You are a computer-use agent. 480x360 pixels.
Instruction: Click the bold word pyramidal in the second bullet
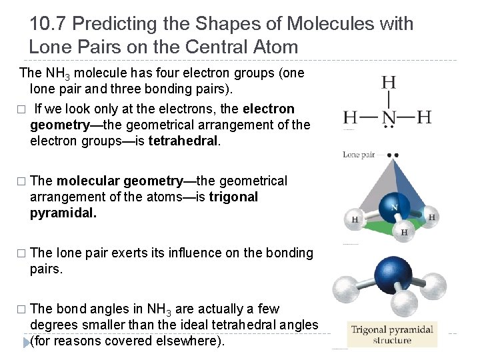click(x=63, y=213)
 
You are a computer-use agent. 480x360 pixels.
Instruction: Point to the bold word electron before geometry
click(x=269, y=109)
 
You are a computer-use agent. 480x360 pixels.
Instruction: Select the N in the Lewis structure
click(x=388, y=118)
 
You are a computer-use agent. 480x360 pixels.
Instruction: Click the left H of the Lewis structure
click(x=351, y=118)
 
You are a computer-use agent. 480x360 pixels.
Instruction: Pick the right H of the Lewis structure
click(x=424, y=118)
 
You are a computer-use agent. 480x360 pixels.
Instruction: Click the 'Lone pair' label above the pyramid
click(x=359, y=155)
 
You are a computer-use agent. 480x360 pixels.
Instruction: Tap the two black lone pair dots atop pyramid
click(x=393, y=155)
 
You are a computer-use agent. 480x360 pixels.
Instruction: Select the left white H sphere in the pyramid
click(x=355, y=219)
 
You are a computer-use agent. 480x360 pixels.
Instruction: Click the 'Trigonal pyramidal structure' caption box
click(x=392, y=335)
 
